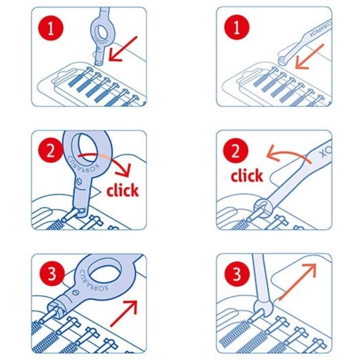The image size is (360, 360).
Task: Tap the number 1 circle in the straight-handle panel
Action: click(236, 29)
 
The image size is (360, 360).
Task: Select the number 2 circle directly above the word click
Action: click(236, 152)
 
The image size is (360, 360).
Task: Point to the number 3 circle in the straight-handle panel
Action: click(236, 275)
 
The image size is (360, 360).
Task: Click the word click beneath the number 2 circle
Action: click(247, 176)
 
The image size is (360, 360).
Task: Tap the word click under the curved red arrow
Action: click(122, 190)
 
